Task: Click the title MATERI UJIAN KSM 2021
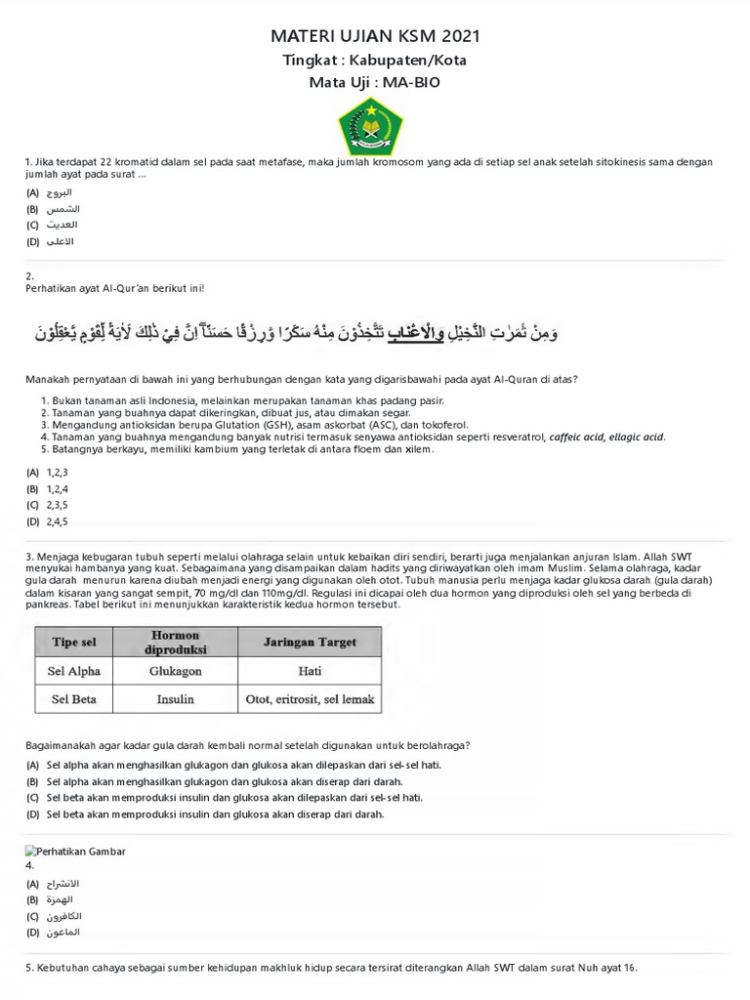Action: click(x=375, y=37)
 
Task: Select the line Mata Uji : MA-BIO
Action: click(x=375, y=82)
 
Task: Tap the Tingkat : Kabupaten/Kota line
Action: click(x=375, y=61)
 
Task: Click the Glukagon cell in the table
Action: click(x=175, y=672)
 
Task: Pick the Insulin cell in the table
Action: click(x=175, y=699)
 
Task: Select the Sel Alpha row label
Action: click(x=74, y=672)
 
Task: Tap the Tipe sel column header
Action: click(x=74, y=643)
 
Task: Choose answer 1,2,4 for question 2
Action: click(x=57, y=488)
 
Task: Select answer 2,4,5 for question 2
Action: click(x=57, y=521)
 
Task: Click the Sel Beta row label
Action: click(x=74, y=699)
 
